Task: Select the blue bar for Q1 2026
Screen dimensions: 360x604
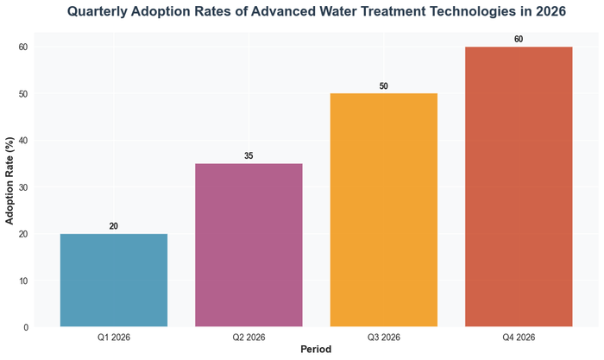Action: (x=114, y=281)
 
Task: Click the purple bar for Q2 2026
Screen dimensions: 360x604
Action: (x=249, y=245)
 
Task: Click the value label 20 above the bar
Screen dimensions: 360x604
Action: (x=114, y=226)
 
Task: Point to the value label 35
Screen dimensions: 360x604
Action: (x=249, y=156)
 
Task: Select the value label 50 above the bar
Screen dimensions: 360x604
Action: (x=384, y=85)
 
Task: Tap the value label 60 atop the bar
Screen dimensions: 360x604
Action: (x=519, y=39)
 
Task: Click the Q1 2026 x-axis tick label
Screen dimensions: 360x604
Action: (x=114, y=337)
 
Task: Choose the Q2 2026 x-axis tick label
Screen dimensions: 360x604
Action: (x=249, y=337)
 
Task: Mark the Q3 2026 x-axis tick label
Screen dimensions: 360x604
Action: (x=384, y=337)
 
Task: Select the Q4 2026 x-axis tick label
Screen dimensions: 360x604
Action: (x=519, y=337)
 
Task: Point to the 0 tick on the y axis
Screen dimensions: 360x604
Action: (x=28, y=327)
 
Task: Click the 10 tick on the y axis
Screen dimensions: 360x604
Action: (x=25, y=281)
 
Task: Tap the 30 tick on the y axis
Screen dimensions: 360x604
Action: (x=25, y=187)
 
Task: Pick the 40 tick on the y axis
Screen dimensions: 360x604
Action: (x=25, y=141)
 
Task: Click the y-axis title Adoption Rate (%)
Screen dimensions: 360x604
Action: (x=9, y=180)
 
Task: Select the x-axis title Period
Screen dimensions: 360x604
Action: (x=316, y=350)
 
